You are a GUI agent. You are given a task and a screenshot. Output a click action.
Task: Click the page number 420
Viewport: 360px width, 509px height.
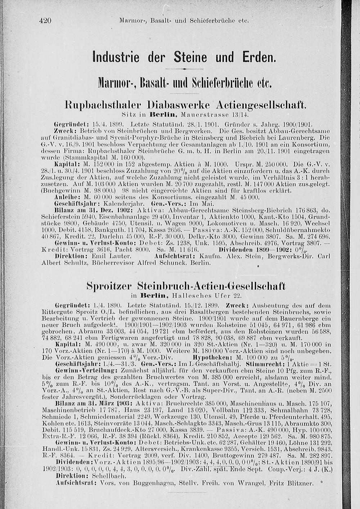45,21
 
